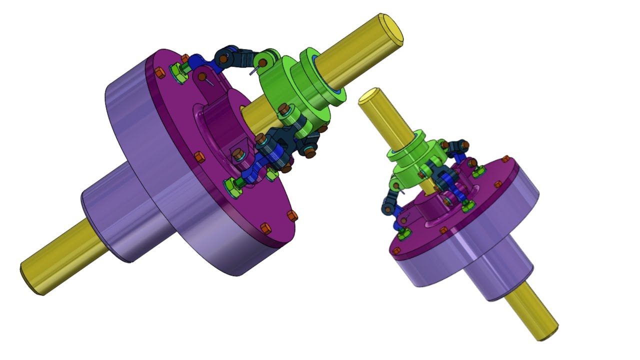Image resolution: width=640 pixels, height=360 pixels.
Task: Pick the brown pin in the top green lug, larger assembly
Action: [x=262, y=63]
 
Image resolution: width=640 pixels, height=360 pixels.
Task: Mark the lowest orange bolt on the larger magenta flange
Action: [x=265, y=229]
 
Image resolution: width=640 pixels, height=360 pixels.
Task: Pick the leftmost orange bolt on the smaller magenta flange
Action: [x=396, y=250]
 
